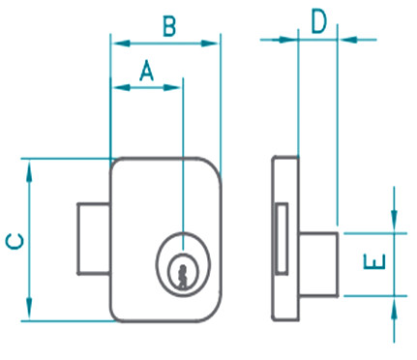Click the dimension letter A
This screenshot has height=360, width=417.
point(147,70)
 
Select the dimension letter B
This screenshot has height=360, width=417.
point(169,26)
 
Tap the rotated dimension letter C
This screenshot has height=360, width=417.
point(15,241)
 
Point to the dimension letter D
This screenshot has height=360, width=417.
point(319,22)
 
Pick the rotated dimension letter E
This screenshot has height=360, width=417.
point(374,261)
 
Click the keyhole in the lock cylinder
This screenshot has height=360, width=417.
point(183,276)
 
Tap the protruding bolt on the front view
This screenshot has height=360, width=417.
point(94,239)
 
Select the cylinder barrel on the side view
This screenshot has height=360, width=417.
point(318,264)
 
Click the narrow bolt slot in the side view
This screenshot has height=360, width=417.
point(283,238)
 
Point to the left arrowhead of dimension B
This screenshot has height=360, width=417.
point(121,44)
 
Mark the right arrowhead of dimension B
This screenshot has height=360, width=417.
point(210,44)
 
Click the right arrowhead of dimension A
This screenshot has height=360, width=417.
point(172,87)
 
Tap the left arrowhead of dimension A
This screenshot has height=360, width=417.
point(122,87)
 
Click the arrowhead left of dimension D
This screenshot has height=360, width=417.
point(287,40)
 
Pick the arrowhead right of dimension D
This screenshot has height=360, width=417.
point(349,40)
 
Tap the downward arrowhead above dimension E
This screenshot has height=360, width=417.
point(394,220)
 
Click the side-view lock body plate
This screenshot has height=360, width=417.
point(285,238)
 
